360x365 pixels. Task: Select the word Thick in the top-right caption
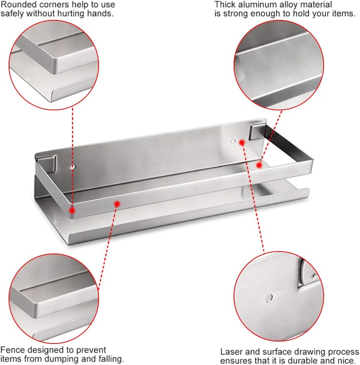[x=224, y=5]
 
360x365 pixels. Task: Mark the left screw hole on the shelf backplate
[x=72, y=167]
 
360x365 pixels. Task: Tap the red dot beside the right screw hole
[x=242, y=142]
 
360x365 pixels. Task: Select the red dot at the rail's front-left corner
[x=72, y=210]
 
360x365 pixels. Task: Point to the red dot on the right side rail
[x=259, y=165]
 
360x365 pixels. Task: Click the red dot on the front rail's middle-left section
[x=117, y=203]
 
